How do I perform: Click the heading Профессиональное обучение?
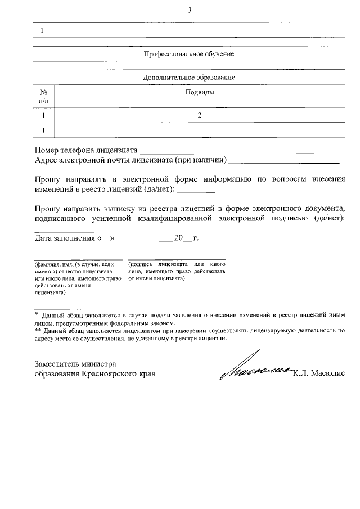[x=189, y=54]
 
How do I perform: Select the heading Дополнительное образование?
[x=189, y=76]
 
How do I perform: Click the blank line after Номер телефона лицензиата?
[x=226, y=151]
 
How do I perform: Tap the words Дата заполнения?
[x=64, y=238]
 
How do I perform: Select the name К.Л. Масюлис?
[x=318, y=373]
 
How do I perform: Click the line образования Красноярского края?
[x=94, y=373]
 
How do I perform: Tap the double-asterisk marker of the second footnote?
[x=38, y=331]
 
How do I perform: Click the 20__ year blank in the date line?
[x=183, y=238]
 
